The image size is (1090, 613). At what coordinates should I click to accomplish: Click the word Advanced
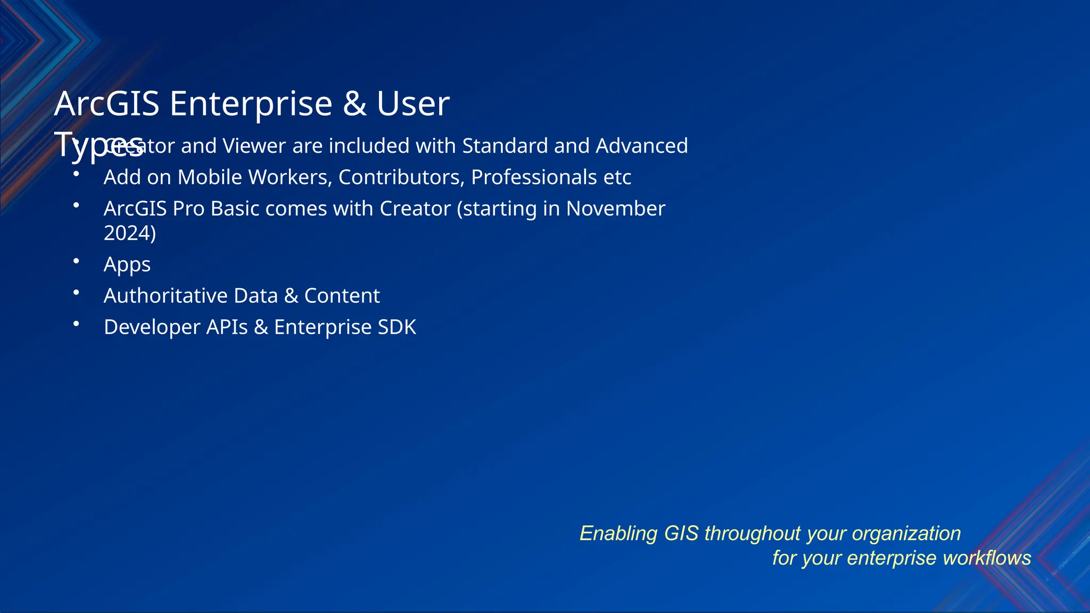point(641,146)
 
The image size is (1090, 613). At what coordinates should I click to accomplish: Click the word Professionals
point(534,177)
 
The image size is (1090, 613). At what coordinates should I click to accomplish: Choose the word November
point(615,209)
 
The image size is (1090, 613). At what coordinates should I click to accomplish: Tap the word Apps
point(127,264)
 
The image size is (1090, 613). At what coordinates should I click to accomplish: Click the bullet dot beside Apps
point(77,261)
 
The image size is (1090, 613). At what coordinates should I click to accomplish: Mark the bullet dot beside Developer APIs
point(77,324)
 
